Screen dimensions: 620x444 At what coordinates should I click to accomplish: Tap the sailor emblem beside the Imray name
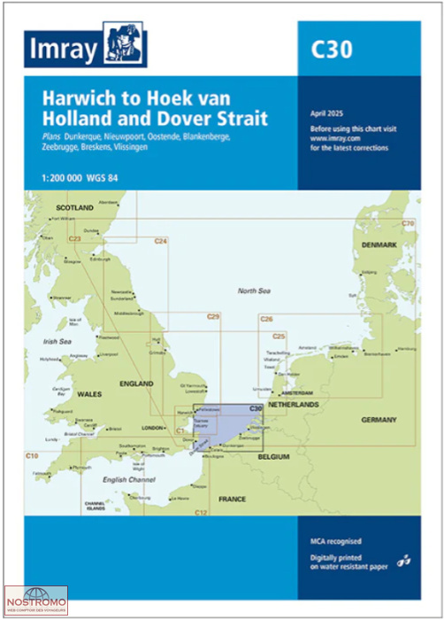pos(125,44)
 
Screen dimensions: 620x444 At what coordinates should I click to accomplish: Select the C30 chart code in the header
pos(332,50)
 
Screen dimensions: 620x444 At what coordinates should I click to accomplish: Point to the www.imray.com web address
pos(336,138)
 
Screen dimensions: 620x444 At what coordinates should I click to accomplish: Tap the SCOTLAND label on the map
pos(74,206)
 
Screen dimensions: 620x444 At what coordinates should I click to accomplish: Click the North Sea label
pos(255,291)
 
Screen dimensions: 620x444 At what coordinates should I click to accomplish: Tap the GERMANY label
pos(379,419)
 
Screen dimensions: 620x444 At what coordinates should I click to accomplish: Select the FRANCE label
pos(233,499)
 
